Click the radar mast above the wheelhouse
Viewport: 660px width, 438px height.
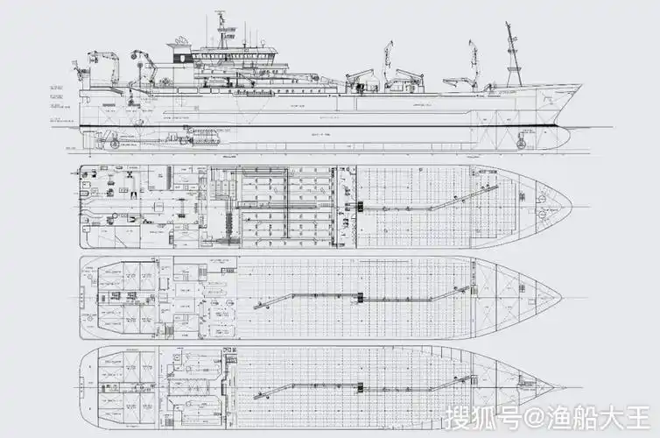(x=221, y=26)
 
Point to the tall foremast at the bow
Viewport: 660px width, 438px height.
(x=512, y=53)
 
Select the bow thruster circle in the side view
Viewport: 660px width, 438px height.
(x=522, y=139)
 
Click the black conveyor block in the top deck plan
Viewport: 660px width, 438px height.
(x=360, y=207)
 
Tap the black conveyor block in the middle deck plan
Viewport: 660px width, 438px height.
(x=359, y=298)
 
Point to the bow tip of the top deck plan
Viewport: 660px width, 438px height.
(x=572, y=208)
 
